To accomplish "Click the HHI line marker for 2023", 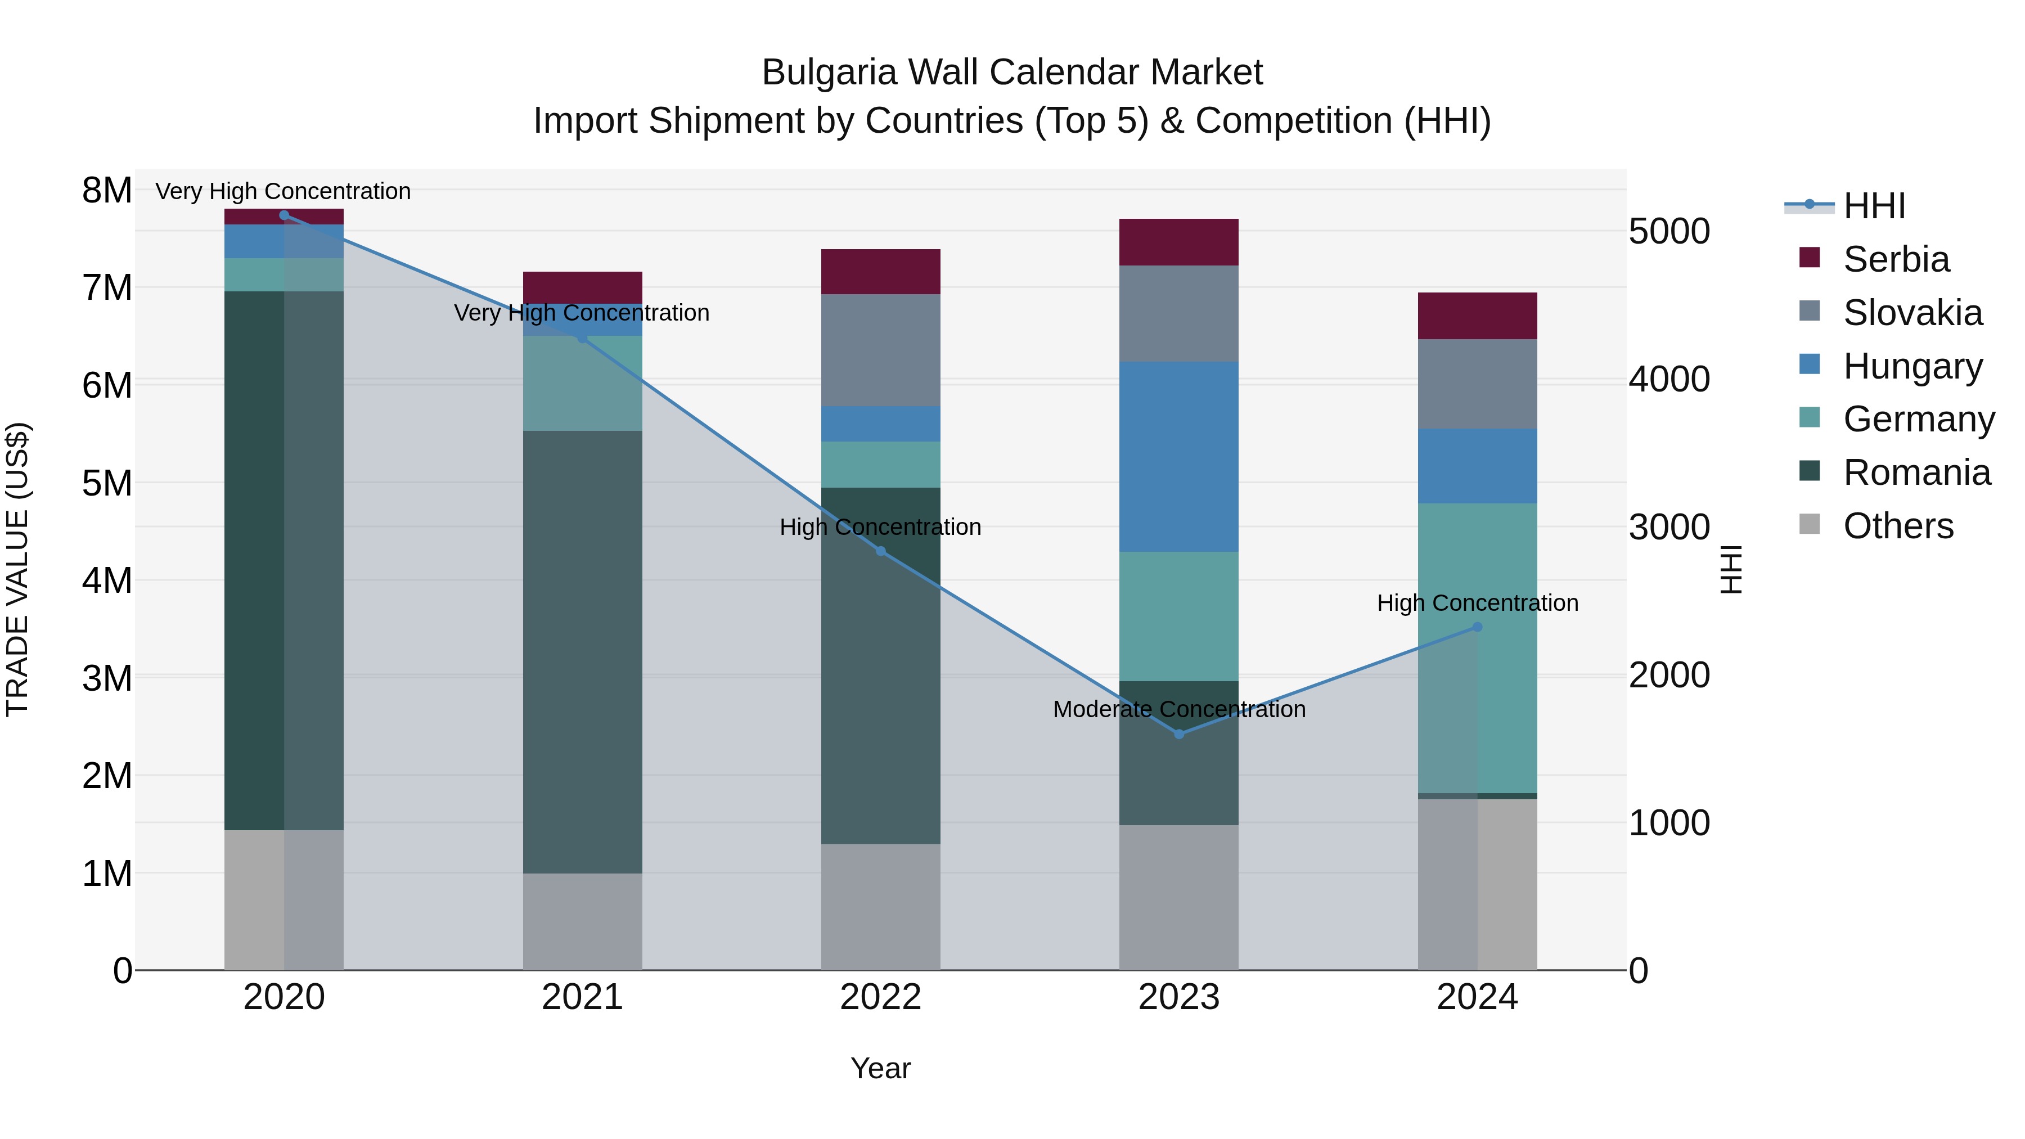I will tap(1178, 734).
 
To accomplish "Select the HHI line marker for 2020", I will tap(285, 215).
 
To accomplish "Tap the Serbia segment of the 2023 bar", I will tap(1178, 242).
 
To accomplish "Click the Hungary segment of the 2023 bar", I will tap(1178, 457).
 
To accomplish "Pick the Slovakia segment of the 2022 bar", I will tap(880, 350).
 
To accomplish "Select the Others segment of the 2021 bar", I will tap(583, 921).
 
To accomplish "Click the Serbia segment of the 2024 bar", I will tap(1477, 316).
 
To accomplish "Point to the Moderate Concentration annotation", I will tap(1178, 709).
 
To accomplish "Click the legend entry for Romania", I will tap(1916, 473).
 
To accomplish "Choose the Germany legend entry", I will tap(1918, 419).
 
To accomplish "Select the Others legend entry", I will tap(1898, 526).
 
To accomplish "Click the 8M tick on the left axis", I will tap(107, 190).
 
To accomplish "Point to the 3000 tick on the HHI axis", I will tap(1669, 528).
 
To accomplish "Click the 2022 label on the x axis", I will tap(880, 997).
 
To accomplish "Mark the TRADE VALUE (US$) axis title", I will tap(17, 569).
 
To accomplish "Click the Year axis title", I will tap(880, 1068).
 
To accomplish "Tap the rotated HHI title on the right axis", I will tap(1731, 569).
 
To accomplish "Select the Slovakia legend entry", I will tap(1912, 313).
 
